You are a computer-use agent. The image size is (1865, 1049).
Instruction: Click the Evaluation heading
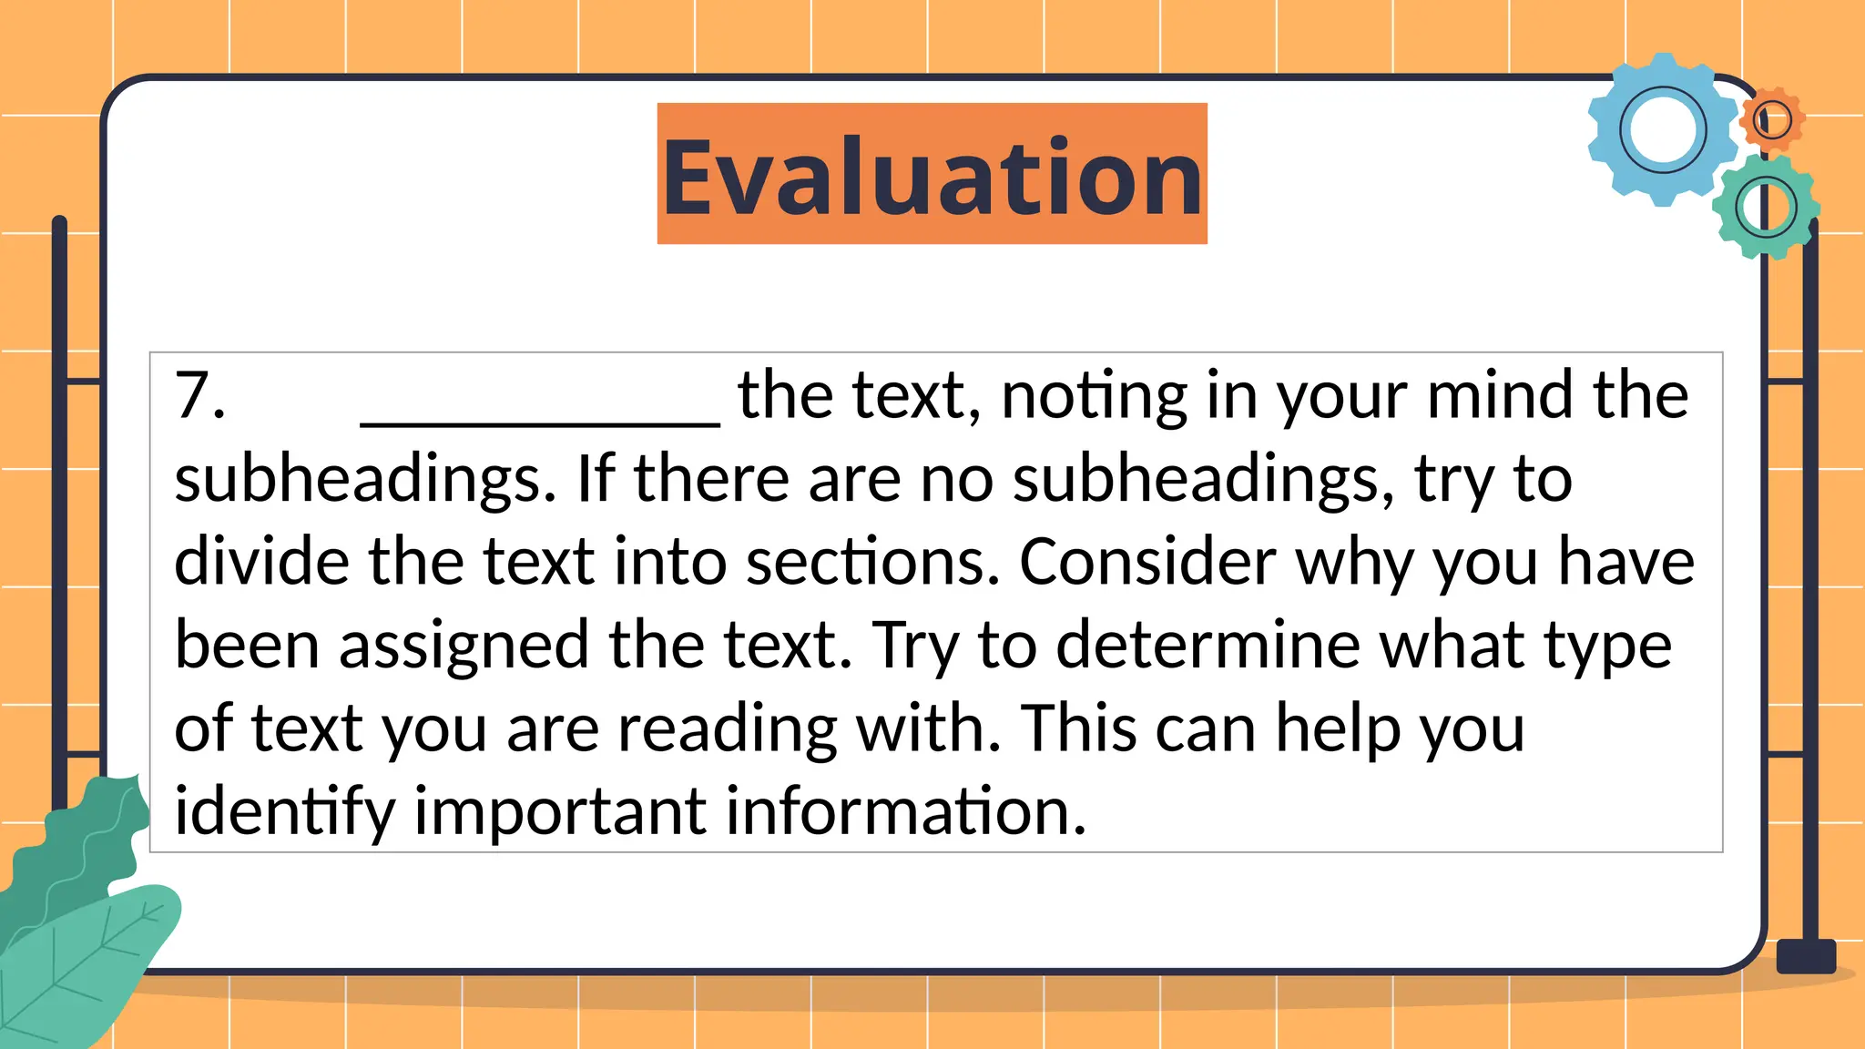[932, 175]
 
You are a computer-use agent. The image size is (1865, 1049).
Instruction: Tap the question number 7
[199, 396]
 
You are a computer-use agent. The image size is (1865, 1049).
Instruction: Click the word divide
[261, 562]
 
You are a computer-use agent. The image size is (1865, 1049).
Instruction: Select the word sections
[872, 562]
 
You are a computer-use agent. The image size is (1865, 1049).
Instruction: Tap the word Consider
[1147, 562]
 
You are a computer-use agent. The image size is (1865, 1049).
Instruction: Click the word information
[906, 811]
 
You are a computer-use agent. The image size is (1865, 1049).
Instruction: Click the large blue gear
[1663, 130]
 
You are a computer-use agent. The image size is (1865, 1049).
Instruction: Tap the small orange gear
[1772, 119]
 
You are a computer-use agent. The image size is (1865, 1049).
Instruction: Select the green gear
[1766, 208]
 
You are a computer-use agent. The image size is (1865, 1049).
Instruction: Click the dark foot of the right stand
[1806, 956]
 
